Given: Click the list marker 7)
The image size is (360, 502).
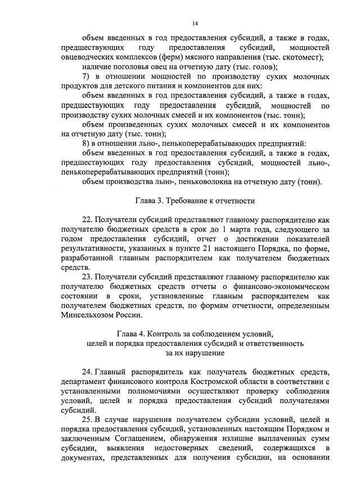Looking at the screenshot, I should point(87,76).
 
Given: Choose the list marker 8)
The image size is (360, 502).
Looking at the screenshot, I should point(87,143).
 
